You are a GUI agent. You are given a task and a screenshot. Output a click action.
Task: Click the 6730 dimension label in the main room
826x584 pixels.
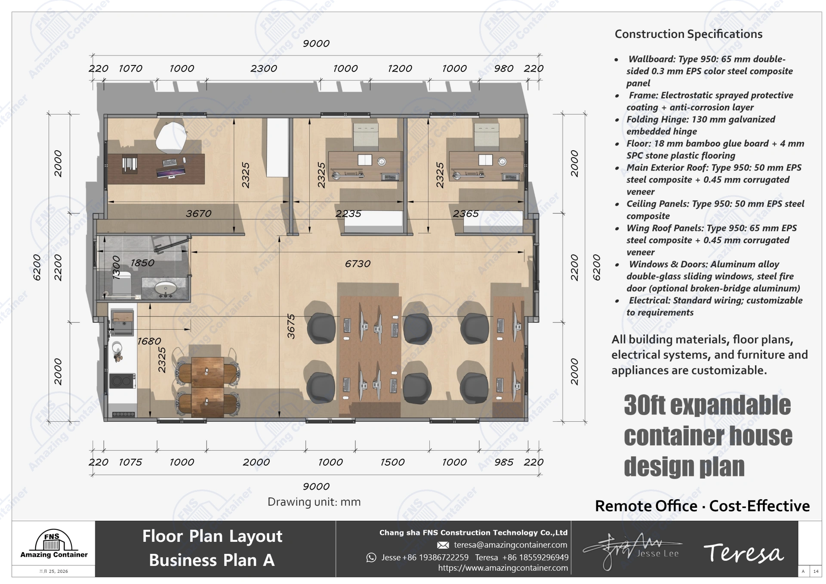(358, 264)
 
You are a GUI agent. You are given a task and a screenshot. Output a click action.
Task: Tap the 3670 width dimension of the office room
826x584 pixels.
(198, 213)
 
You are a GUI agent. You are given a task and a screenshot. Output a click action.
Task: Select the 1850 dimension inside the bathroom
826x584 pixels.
(142, 263)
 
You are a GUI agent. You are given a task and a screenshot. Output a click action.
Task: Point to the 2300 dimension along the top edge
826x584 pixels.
(264, 68)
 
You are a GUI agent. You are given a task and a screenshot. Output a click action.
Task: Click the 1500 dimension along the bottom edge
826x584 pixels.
(392, 462)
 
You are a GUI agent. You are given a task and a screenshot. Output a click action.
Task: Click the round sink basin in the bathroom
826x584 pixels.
(166, 288)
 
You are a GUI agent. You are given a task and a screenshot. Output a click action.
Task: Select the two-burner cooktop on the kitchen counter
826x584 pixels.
(123, 381)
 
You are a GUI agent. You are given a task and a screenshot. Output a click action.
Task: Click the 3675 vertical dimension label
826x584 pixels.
(291, 326)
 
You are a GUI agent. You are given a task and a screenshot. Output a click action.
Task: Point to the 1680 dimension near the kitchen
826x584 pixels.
(149, 341)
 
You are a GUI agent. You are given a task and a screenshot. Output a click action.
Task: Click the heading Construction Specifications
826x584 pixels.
(688, 34)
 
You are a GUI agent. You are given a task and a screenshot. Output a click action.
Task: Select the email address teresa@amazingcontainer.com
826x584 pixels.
(510, 545)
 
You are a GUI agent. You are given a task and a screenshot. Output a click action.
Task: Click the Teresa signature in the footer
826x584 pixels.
(743, 553)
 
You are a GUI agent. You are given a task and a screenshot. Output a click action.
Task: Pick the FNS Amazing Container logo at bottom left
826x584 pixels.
(53, 545)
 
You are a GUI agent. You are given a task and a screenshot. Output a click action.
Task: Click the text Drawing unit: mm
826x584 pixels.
(314, 502)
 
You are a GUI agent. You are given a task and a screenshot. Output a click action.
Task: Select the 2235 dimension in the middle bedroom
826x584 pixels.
(348, 213)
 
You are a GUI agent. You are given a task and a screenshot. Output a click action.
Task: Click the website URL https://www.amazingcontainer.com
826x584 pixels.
(503, 568)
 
